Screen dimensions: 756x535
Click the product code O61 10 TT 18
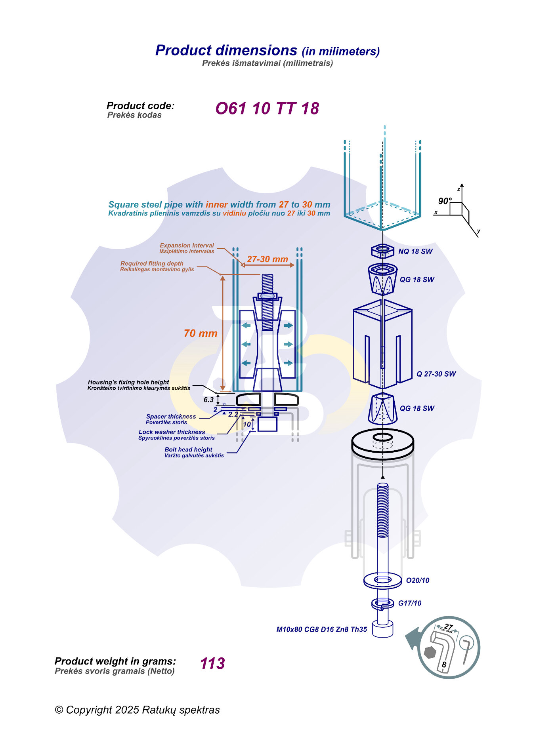(x=267, y=109)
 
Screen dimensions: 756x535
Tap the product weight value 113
(x=212, y=663)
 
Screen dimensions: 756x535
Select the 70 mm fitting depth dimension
(x=201, y=333)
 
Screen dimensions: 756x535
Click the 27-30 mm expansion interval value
(x=267, y=259)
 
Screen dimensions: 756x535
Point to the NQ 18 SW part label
(x=415, y=251)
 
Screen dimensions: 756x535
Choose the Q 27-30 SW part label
(x=436, y=374)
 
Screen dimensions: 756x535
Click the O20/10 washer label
(x=418, y=581)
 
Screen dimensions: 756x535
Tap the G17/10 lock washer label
(x=410, y=603)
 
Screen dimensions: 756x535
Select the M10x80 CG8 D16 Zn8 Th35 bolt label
(x=321, y=629)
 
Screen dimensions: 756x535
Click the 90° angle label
(x=445, y=201)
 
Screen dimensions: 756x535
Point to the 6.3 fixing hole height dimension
(x=209, y=400)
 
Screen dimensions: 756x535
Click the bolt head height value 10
(x=247, y=424)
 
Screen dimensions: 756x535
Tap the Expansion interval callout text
(x=187, y=246)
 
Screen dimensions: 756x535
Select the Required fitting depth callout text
(x=152, y=263)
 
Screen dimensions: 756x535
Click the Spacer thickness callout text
(x=171, y=417)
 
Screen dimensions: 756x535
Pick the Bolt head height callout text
(x=188, y=449)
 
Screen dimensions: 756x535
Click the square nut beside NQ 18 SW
(x=382, y=250)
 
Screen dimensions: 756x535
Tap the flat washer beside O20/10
(x=382, y=581)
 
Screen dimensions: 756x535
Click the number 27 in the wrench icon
(x=449, y=627)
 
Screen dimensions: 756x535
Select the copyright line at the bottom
(x=137, y=710)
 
